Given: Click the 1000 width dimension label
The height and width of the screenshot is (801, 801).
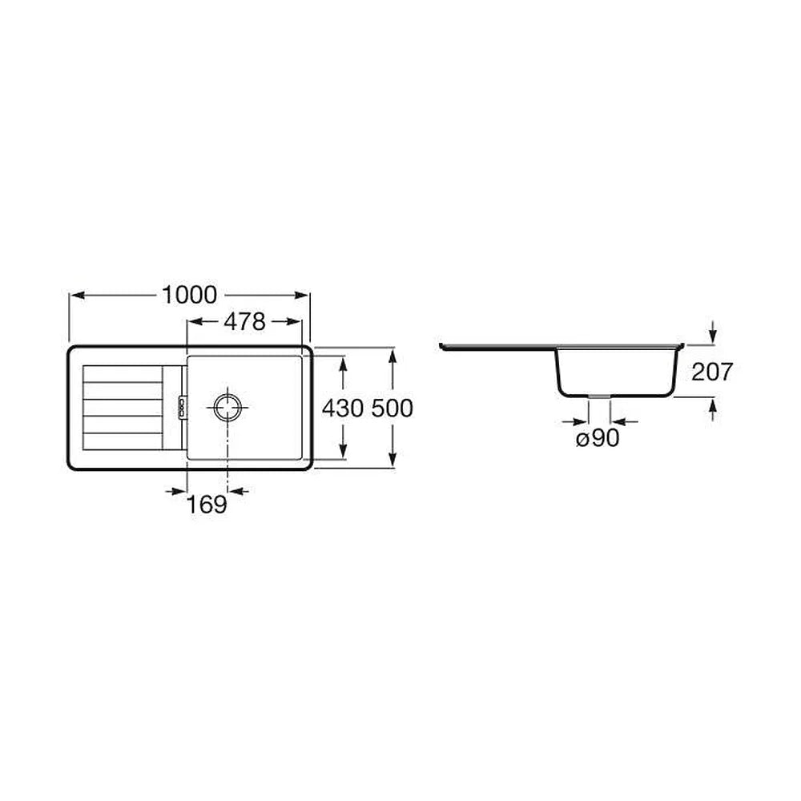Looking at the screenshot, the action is (190, 295).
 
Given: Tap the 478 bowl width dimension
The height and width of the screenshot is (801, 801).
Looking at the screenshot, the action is (244, 321).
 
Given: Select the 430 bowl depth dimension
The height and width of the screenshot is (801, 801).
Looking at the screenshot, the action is (343, 408).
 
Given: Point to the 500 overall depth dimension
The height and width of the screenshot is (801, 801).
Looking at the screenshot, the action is (392, 408).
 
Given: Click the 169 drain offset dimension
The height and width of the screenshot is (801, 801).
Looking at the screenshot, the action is (207, 504).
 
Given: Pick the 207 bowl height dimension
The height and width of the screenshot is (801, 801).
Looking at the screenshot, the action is (711, 372).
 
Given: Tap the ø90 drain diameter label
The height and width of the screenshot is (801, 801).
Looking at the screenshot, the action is (598, 438).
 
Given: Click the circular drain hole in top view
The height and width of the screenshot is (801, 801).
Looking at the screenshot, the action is (227, 407).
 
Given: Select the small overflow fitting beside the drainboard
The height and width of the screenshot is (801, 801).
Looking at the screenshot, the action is (181, 407).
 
